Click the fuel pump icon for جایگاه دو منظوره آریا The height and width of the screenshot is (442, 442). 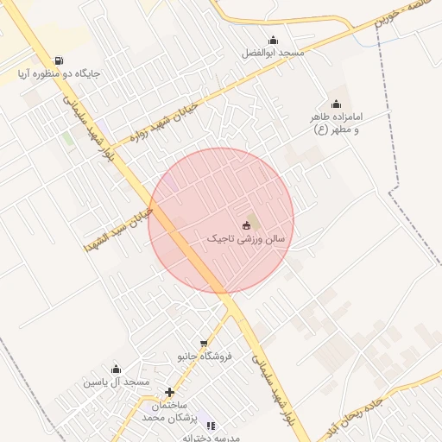(x=58, y=60)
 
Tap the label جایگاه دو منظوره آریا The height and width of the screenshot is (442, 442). (x=57, y=74)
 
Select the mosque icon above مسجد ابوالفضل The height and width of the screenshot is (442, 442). (x=274, y=40)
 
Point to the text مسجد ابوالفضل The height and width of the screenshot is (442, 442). (x=273, y=53)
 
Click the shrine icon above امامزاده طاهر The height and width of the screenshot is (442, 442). (x=336, y=104)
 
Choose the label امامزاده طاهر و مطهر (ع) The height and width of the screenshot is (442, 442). (x=336, y=123)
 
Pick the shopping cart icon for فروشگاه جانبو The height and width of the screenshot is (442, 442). (x=205, y=344)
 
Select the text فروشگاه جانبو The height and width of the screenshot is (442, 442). (x=205, y=357)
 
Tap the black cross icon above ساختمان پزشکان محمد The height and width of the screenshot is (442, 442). (x=170, y=393)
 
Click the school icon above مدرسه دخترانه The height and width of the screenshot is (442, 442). (x=212, y=425)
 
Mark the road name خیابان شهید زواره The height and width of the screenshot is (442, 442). (x=169, y=121)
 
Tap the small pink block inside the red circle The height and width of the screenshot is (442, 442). (x=172, y=183)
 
